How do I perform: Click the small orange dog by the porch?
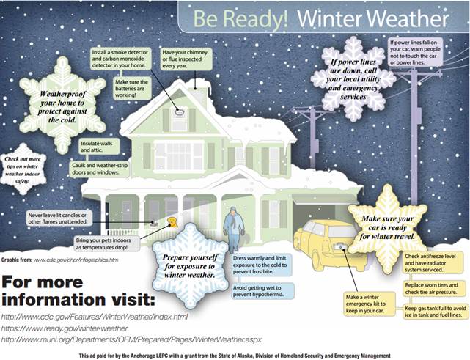(172, 222)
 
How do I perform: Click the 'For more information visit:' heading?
(81, 291)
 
